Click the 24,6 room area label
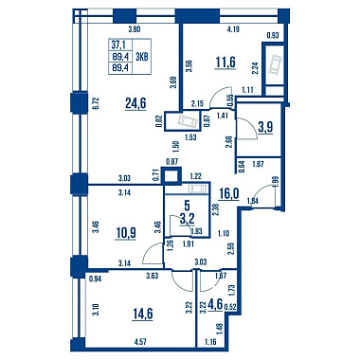pyautogui.click(x=135, y=103)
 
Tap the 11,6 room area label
pyautogui.click(x=225, y=62)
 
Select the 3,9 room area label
pyautogui.click(x=265, y=127)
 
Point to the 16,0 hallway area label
pyautogui.click(x=229, y=193)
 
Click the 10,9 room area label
pyautogui.click(x=126, y=233)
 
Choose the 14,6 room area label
pyautogui.click(x=143, y=314)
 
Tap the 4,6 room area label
pyautogui.click(x=214, y=306)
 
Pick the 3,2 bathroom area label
pyautogui.click(x=187, y=219)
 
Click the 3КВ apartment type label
pyautogui.click(x=142, y=57)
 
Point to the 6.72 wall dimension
pyautogui.click(x=97, y=103)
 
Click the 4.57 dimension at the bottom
pyautogui.click(x=140, y=341)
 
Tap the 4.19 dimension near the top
pyautogui.click(x=234, y=30)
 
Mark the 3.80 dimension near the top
pyautogui.click(x=134, y=30)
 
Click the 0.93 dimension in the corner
pyautogui.click(x=273, y=35)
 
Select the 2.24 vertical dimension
pyautogui.click(x=256, y=68)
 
